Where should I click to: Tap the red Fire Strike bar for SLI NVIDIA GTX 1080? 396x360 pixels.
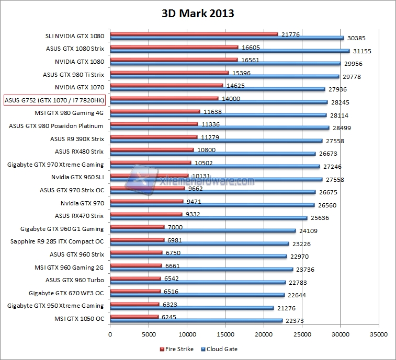194,34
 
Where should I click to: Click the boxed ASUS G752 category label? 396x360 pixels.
54,100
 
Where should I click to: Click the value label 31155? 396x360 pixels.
361,51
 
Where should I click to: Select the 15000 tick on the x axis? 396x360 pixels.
225,334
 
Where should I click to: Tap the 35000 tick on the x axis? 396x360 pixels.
379,334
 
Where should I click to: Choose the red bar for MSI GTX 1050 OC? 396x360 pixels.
134,317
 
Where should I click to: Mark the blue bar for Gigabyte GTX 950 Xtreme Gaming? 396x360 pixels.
191,308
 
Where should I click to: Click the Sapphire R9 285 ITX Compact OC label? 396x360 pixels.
57,241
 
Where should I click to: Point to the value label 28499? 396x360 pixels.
341,128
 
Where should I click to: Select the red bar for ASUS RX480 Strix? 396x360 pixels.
152,149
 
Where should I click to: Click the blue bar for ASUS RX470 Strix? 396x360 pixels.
208,218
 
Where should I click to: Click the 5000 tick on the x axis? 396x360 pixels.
148,334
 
